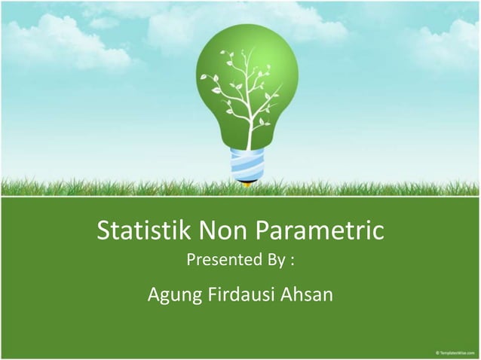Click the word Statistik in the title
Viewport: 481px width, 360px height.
(144, 231)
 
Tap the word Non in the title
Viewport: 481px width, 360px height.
(220, 231)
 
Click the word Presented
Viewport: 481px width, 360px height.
(222, 263)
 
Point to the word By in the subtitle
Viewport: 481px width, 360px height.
(273, 263)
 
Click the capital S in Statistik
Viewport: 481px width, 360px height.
(106, 231)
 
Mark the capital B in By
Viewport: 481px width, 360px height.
(268, 263)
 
